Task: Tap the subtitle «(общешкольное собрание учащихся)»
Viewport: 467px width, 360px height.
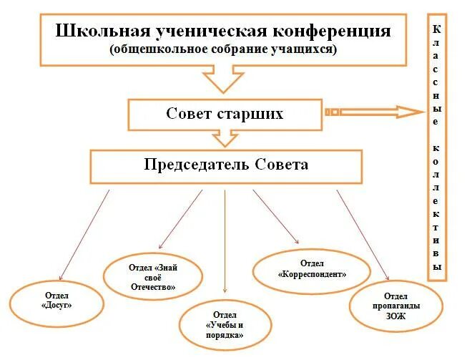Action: click(x=223, y=49)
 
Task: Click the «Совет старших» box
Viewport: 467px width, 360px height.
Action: click(x=225, y=115)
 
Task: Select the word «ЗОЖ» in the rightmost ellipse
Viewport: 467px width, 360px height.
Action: click(x=395, y=316)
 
